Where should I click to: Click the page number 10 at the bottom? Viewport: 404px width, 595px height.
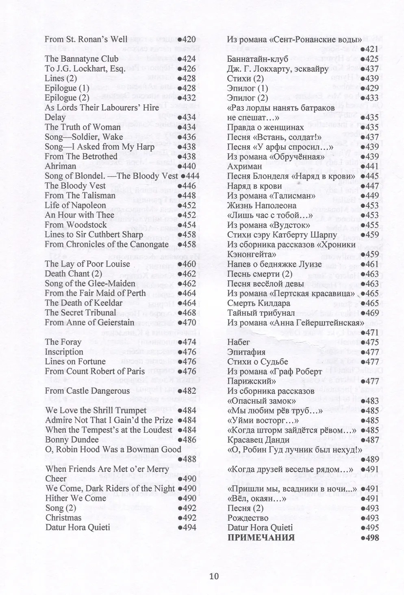tap(214, 576)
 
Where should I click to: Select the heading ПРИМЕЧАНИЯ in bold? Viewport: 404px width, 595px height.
tap(261, 537)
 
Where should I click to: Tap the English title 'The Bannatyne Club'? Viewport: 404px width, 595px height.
tap(81, 59)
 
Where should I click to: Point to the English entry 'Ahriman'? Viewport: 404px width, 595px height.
tap(60, 166)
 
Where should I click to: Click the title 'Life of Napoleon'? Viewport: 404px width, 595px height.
tap(75, 205)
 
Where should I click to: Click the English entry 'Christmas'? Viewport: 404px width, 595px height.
tap(63, 518)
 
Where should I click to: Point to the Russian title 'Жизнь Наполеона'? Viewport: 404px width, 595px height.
tap(262, 205)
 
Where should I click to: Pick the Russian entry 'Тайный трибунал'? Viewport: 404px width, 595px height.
tap(261, 313)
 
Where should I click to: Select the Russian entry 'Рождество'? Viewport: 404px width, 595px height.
tap(248, 518)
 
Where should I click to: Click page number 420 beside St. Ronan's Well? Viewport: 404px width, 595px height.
tap(187, 39)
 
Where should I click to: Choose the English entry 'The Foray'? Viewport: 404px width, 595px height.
tap(63, 342)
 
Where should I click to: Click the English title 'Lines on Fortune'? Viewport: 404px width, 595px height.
tap(75, 361)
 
